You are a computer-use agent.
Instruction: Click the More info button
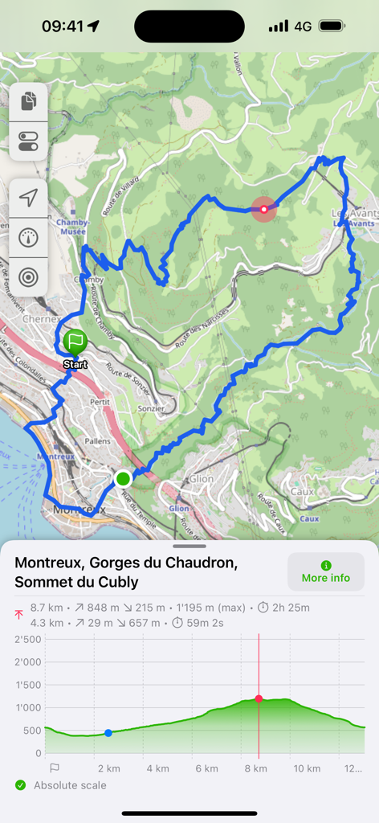(326, 571)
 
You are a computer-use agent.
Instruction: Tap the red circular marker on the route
(263, 209)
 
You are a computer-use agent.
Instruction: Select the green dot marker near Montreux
(123, 479)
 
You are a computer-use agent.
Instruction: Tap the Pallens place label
(97, 441)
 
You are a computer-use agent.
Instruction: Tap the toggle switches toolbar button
(29, 142)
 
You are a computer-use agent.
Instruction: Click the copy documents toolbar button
(29, 102)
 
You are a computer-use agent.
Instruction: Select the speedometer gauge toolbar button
(29, 238)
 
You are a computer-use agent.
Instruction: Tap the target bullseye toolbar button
(29, 277)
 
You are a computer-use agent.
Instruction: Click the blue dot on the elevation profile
(108, 733)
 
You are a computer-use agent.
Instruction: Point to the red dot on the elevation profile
(259, 698)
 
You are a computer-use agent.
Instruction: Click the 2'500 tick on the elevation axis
(29, 640)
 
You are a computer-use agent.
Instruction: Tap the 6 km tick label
(206, 768)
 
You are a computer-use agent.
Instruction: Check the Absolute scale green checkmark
(20, 785)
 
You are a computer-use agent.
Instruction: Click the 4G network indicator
(303, 27)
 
